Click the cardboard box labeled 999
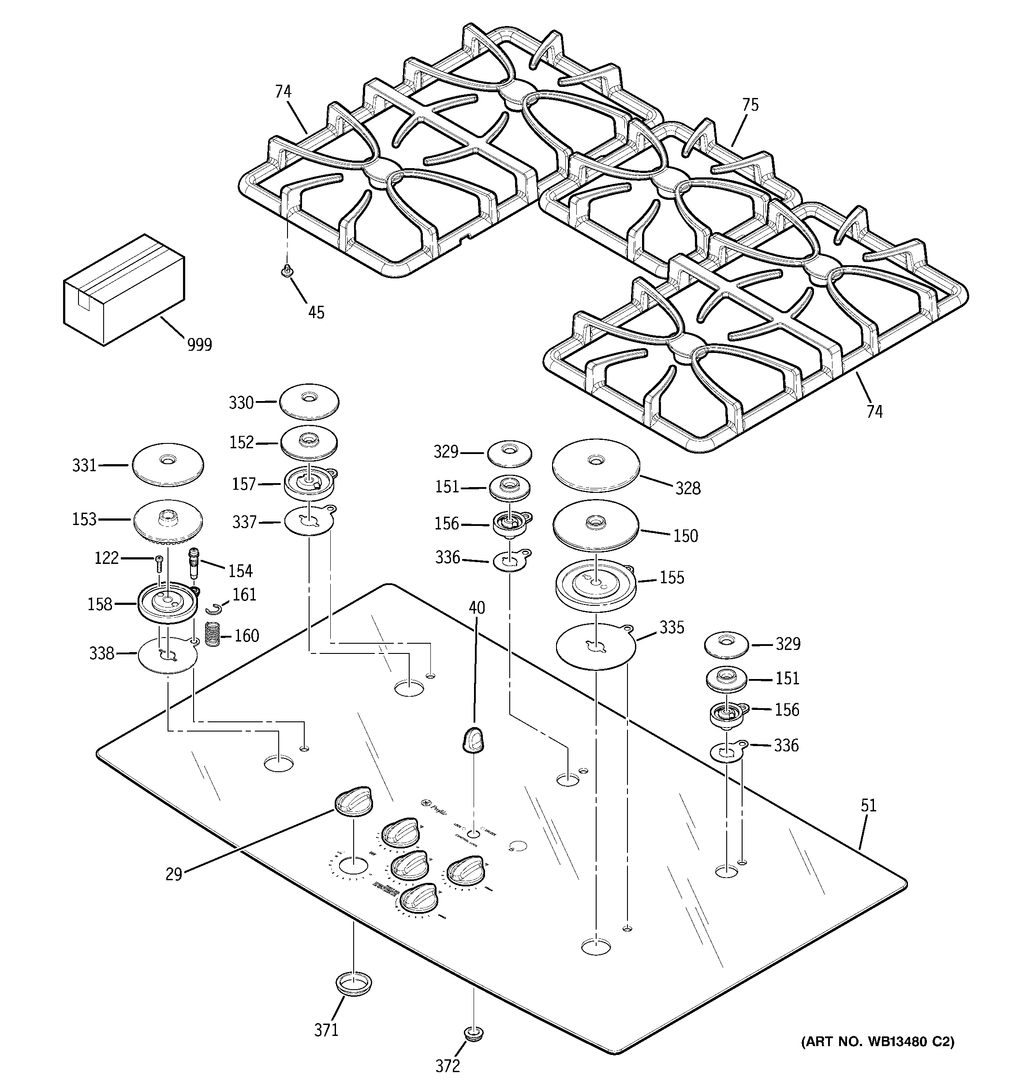(123, 290)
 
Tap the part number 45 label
(316, 312)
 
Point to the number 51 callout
(868, 806)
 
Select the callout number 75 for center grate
(750, 105)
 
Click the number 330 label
(241, 403)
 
